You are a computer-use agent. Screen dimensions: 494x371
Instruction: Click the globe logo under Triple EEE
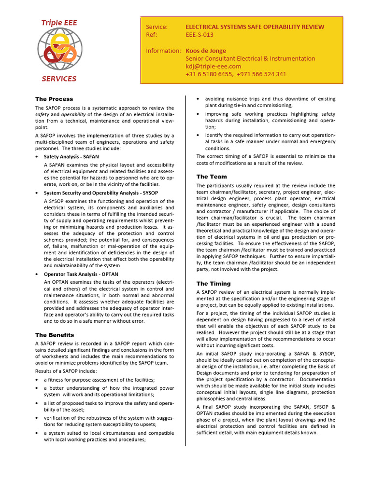click(59, 50)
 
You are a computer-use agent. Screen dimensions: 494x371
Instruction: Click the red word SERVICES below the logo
click(58, 79)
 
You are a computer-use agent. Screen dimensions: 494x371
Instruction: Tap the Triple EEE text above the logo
click(59, 23)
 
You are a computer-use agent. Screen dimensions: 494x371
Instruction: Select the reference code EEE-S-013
click(200, 35)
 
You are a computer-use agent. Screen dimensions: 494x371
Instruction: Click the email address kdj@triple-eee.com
click(213, 66)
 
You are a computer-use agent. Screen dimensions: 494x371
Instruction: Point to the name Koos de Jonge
click(206, 51)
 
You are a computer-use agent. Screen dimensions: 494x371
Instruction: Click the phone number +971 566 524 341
click(261, 74)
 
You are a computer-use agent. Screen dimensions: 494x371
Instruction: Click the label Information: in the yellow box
click(163, 51)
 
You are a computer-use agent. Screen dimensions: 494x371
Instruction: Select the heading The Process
click(54, 99)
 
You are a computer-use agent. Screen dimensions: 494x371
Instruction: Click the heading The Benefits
click(55, 335)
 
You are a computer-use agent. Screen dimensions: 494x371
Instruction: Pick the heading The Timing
click(214, 284)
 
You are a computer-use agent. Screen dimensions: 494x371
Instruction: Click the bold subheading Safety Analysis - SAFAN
click(72, 157)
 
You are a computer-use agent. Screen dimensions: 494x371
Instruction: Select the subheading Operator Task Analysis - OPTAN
click(81, 274)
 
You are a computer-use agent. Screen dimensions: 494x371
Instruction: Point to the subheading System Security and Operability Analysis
click(101, 193)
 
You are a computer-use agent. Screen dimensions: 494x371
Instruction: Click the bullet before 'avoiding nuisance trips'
click(198, 99)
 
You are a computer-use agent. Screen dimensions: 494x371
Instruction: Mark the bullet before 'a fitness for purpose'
click(37, 380)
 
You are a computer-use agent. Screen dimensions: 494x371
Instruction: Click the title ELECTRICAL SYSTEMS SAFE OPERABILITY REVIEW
click(255, 27)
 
